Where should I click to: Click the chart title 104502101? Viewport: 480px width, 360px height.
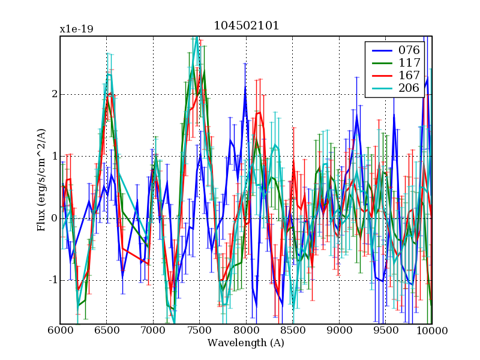coord(246,26)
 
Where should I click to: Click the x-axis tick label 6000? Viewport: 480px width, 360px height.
coord(60,331)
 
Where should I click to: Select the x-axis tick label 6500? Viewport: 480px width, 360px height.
coord(106,331)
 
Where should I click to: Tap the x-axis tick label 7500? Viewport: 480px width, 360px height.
coord(199,331)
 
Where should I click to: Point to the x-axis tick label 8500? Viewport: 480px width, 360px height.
coord(292,331)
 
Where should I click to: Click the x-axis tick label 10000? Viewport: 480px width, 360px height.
coord(431,331)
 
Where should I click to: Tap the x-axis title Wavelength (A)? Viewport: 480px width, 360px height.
coord(246,343)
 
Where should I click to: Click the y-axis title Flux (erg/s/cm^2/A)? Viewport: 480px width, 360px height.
coord(41,180)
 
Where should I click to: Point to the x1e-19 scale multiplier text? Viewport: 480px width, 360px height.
coord(76,29)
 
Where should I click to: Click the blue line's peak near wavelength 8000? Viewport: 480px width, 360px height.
coord(245,88)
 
